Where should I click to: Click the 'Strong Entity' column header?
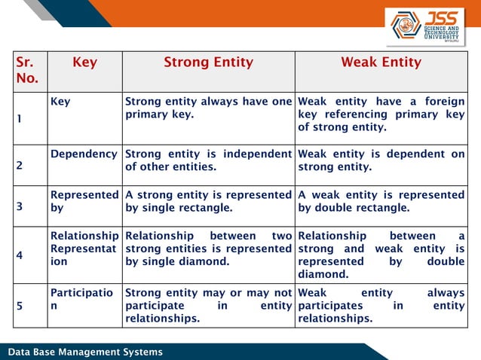pyautogui.click(x=208, y=63)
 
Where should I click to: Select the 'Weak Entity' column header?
pyautogui.click(x=381, y=63)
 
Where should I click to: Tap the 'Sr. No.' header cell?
pyautogui.click(x=29, y=71)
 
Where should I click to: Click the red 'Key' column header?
pyautogui.click(x=84, y=63)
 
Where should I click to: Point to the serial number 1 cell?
pyautogui.click(x=20, y=119)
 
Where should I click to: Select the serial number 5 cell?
pyautogui.click(x=20, y=307)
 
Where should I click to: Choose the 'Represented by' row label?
pyautogui.click(x=84, y=201)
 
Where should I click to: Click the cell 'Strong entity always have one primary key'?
pyautogui.click(x=208, y=108)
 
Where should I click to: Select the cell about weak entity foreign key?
pyautogui.click(x=381, y=114)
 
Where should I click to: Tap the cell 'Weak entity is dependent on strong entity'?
pyautogui.click(x=381, y=160)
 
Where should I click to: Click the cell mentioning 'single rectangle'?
pyautogui.click(x=208, y=201)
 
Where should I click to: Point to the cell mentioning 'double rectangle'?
pyautogui.click(x=381, y=201)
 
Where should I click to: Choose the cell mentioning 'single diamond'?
pyautogui.click(x=208, y=249)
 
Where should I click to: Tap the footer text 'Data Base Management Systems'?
pyautogui.click(x=84, y=352)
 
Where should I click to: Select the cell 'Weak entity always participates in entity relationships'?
pyautogui.click(x=381, y=304)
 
